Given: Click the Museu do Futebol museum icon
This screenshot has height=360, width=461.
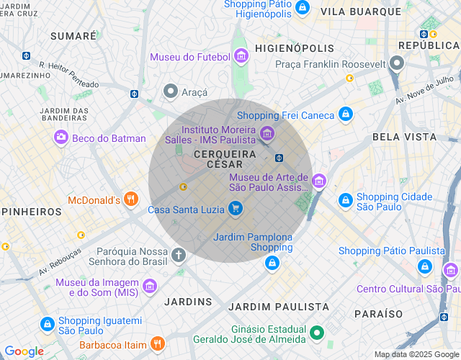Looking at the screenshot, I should (241, 56).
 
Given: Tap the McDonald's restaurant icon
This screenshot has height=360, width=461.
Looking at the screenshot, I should (130, 199).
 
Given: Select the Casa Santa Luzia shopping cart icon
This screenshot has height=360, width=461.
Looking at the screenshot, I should (235, 210).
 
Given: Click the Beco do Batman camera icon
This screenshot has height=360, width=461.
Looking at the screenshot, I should (61, 138).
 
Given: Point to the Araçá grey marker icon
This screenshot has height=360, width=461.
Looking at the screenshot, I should (171, 91).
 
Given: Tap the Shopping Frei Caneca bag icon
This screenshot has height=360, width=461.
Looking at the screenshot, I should (346, 114).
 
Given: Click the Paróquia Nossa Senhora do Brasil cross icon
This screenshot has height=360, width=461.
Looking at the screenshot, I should (179, 254).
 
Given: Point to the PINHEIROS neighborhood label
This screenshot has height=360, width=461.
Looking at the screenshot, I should (32, 212).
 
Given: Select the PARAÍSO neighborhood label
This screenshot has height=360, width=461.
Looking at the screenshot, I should (378, 314).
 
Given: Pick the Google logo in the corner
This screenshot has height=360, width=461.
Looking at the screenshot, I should (24, 351).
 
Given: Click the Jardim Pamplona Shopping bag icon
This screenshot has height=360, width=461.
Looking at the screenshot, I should (271, 264).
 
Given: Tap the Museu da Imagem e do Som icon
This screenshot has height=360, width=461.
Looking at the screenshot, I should (150, 287).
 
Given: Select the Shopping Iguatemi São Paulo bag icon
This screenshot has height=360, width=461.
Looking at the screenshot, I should (47, 325).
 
